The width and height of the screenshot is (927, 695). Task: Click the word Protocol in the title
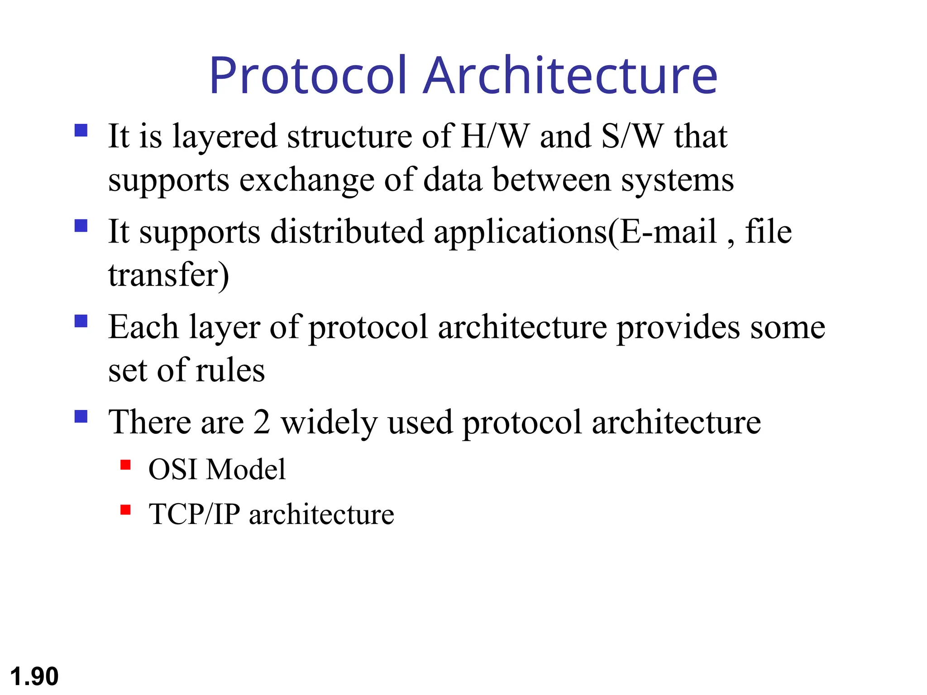tap(308, 76)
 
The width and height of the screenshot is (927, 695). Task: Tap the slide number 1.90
tap(34, 676)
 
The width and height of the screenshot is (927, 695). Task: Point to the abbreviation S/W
tap(632, 136)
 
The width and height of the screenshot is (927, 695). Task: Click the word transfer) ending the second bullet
tap(168, 275)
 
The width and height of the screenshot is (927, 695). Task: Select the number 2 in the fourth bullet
tap(262, 422)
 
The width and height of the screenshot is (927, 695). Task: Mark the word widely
tap(329, 423)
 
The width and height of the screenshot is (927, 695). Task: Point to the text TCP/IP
tap(194, 514)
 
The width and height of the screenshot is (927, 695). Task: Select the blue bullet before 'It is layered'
tap(81, 130)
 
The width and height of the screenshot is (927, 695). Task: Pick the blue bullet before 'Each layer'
tap(81, 321)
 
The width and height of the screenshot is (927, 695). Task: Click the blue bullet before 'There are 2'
tap(81, 416)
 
